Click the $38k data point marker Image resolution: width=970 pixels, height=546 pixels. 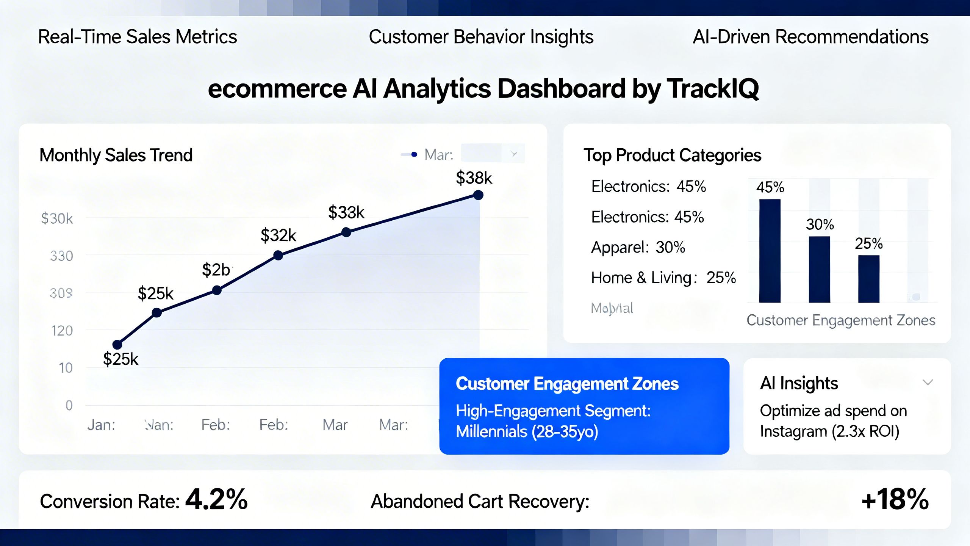tap(478, 195)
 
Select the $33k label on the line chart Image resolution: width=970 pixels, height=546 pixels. tap(346, 212)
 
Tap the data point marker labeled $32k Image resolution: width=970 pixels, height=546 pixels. tap(278, 256)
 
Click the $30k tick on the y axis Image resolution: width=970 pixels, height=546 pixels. tap(57, 219)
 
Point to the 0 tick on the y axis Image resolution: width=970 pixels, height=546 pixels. tap(69, 405)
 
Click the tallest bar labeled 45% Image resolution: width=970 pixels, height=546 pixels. tap(770, 251)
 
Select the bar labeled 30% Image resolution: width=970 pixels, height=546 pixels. tap(819, 269)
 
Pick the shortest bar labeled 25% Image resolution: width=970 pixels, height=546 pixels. tap(868, 279)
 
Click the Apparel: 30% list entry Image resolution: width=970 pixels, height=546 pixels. tap(638, 248)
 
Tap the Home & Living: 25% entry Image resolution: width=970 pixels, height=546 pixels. tap(663, 278)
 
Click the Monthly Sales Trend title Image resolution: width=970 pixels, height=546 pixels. tap(116, 155)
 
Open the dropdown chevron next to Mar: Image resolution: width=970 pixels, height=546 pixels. tap(514, 154)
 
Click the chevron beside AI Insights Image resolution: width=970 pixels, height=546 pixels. tap(928, 382)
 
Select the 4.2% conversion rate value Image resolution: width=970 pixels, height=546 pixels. tap(216, 499)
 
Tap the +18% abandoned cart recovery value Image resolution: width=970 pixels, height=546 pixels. tap(895, 499)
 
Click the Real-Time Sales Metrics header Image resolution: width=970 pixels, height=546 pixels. tap(138, 37)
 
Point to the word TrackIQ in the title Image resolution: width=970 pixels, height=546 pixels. tap(713, 89)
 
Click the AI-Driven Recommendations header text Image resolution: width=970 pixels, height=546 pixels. tap(810, 37)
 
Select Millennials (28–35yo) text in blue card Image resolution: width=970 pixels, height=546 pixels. tap(527, 431)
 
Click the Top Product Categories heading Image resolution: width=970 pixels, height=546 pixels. tap(672, 155)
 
